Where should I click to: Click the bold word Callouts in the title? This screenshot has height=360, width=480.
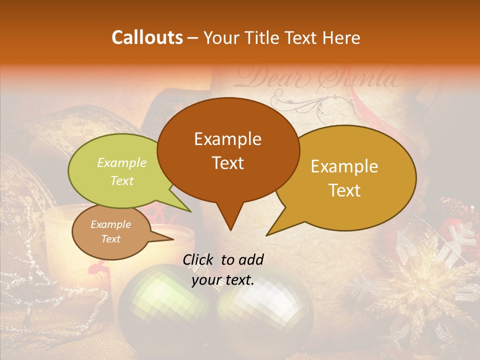[147, 37]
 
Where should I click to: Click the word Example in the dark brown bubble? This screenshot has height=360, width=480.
[228, 139]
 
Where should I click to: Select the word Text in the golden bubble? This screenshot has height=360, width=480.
[345, 190]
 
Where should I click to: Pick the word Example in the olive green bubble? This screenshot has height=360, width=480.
[122, 163]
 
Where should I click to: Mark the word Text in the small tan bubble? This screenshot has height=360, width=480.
[111, 239]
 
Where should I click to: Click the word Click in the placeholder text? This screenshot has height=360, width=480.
[199, 259]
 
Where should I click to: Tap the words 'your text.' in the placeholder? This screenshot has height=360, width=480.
[223, 280]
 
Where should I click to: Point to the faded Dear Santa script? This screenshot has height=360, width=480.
[320, 77]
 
